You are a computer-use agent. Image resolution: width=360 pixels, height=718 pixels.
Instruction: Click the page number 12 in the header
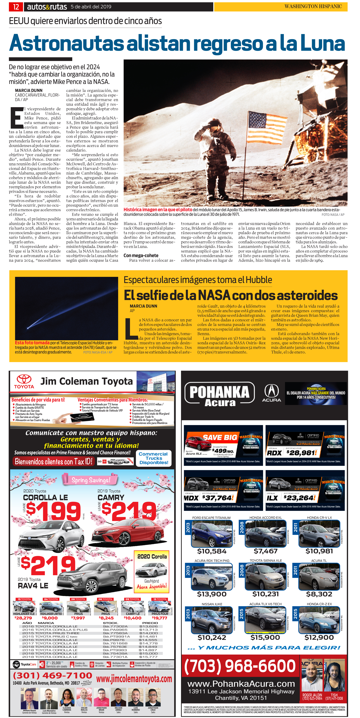click(16, 7)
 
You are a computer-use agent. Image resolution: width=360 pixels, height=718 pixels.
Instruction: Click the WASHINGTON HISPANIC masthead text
click(313, 6)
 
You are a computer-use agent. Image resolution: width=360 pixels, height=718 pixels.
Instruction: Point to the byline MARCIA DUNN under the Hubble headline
click(143, 306)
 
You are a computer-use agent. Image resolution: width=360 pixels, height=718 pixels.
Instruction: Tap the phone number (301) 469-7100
click(52, 675)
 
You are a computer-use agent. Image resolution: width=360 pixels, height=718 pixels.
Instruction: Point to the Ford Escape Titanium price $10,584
click(212, 551)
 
